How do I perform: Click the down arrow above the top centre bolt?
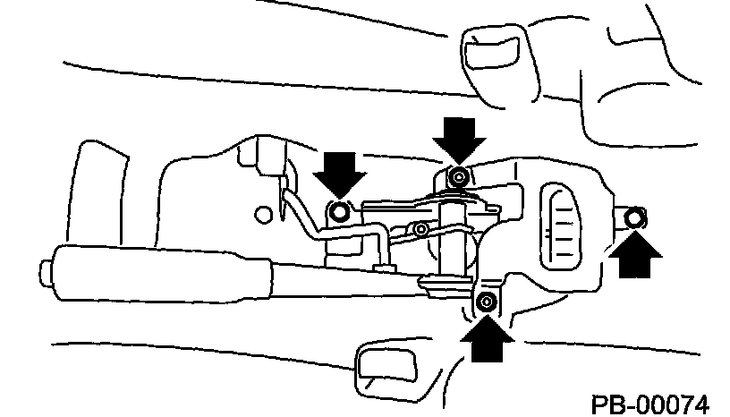pyautogui.click(x=459, y=137)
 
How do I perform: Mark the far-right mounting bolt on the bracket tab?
pyautogui.click(x=634, y=217)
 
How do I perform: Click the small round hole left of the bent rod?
pyautogui.click(x=263, y=214)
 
